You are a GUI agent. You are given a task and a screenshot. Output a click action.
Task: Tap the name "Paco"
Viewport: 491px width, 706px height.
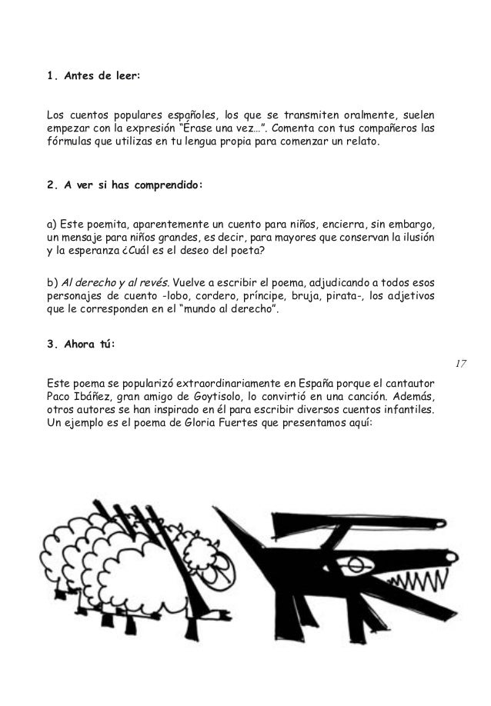click(60, 397)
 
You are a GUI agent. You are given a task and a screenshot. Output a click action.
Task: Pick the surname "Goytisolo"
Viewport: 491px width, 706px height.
click(220, 397)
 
